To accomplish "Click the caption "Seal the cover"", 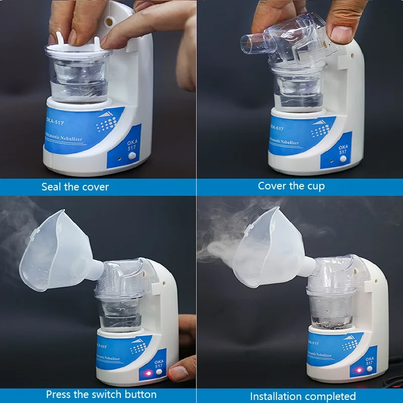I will (75, 187).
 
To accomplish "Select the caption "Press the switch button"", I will (101, 394).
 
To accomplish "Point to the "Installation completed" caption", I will (303, 396).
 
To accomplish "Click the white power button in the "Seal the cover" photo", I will (132, 157).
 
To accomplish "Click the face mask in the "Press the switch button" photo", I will (55, 252).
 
